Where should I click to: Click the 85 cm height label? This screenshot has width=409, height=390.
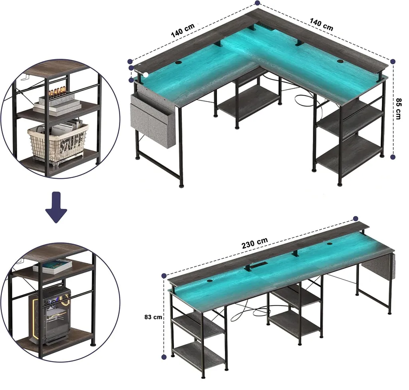click(398, 109)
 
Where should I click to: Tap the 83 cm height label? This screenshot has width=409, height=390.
click(153, 317)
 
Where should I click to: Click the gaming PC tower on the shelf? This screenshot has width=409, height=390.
click(50, 316)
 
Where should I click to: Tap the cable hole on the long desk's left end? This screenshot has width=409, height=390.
click(210, 281)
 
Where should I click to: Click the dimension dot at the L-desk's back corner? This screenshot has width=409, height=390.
click(258, 3)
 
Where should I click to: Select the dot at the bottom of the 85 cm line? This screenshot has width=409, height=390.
click(393, 157)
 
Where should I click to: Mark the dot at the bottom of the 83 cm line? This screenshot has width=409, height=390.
click(164, 357)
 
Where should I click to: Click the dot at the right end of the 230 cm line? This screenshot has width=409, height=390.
click(355, 218)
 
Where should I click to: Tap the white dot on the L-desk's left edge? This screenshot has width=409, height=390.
click(146, 75)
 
